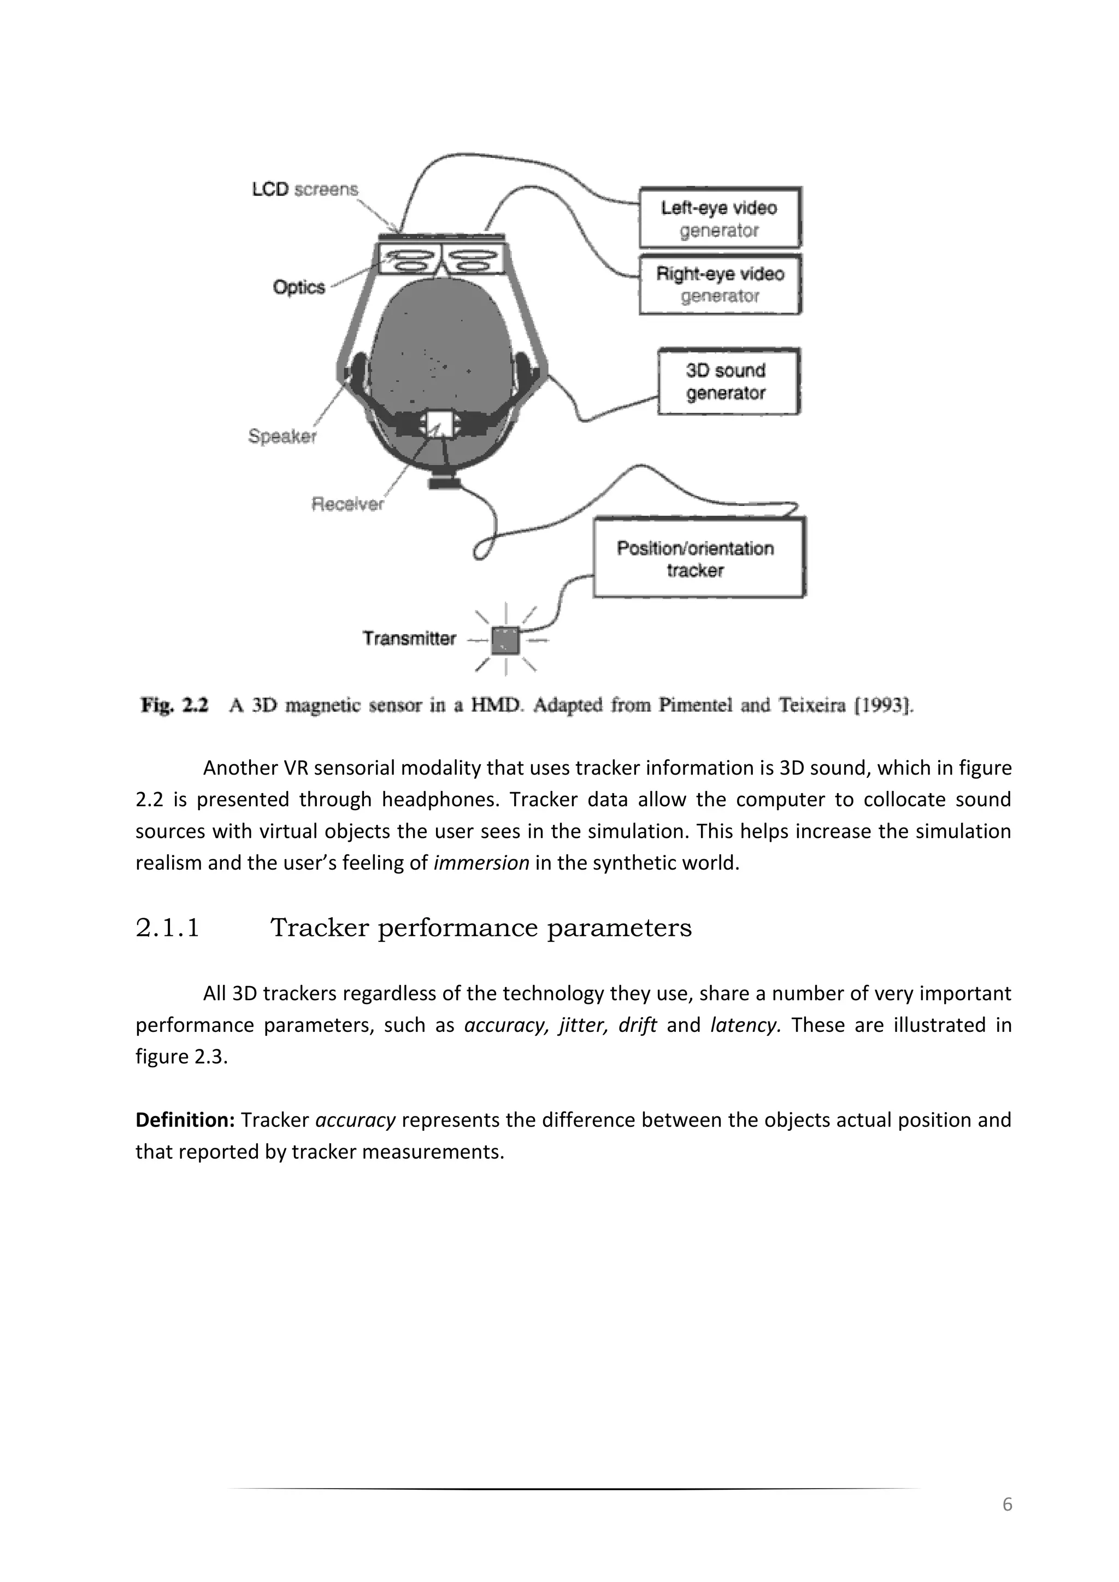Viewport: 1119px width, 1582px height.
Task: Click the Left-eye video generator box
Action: coord(720,218)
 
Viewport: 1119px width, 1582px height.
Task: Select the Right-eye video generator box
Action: coord(720,285)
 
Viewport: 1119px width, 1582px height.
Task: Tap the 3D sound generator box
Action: coord(728,381)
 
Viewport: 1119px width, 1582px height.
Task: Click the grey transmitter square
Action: coord(506,641)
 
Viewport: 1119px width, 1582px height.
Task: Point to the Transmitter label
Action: coord(409,639)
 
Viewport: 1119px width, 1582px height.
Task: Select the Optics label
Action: coord(298,287)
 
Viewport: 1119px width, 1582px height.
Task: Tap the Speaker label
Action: coord(282,436)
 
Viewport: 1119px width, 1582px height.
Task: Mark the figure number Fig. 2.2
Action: coord(174,706)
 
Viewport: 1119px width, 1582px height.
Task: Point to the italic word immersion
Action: coord(481,863)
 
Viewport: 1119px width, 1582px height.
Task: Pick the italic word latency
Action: coord(745,1025)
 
